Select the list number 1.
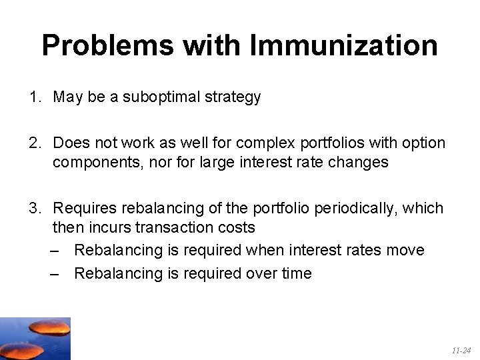coord(33,97)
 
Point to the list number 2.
coord(33,143)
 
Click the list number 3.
coord(33,209)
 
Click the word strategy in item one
coord(233,97)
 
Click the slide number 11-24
coord(461,349)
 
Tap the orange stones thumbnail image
coord(35,339)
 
